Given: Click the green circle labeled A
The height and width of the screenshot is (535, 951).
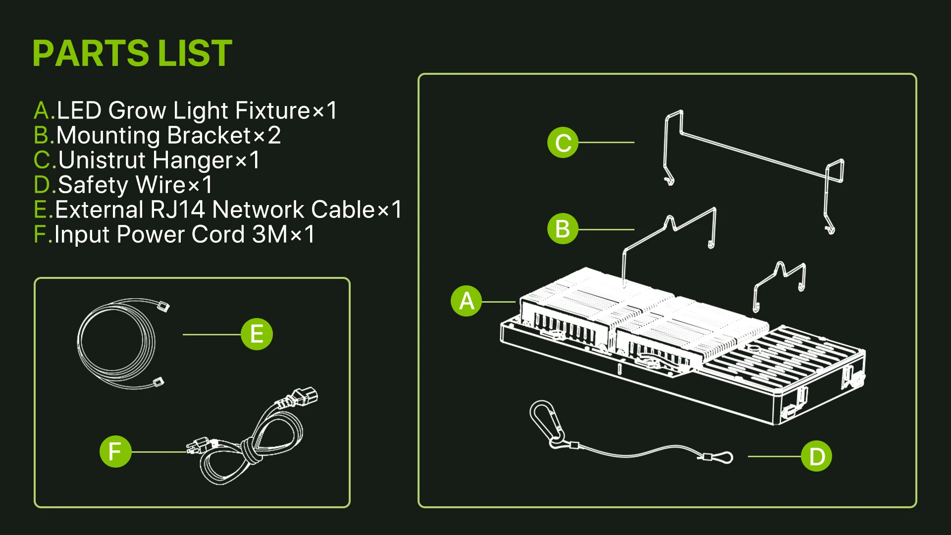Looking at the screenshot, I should pos(466,301).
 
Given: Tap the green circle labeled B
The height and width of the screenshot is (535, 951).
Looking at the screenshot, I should pos(563,229).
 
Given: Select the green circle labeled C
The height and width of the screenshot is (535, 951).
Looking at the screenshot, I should pos(563,143).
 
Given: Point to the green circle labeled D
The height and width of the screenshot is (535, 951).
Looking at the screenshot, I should pos(816,456).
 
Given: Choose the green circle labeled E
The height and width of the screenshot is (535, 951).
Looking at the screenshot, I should pos(257,334).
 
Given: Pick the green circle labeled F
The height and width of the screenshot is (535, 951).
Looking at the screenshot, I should pos(115,451).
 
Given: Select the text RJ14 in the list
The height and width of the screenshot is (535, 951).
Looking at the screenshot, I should pos(177,210).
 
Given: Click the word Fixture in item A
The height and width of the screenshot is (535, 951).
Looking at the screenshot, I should pos(272,110).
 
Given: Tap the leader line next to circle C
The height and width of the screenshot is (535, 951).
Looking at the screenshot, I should pos(606,143).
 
